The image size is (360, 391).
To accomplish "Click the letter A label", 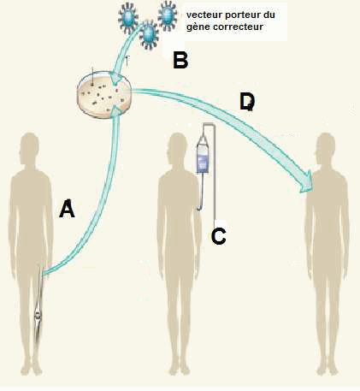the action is tap(67, 209).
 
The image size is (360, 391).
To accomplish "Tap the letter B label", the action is tap(180, 61).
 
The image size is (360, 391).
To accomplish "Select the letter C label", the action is tap(219, 236).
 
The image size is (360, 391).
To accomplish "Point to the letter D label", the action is tap(247, 102).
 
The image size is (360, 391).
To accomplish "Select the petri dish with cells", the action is tap(104, 94).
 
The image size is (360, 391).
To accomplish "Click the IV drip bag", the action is tap(203, 157).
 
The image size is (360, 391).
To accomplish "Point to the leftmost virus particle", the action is tap(127, 16).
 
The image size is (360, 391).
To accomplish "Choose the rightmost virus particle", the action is tap(168, 15).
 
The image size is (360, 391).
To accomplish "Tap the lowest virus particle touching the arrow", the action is tap(149, 34).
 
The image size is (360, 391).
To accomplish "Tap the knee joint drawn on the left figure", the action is tap(38, 315).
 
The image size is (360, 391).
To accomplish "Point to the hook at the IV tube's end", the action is tap(200, 206).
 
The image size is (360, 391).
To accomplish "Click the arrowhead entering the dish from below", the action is tap(117, 110).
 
